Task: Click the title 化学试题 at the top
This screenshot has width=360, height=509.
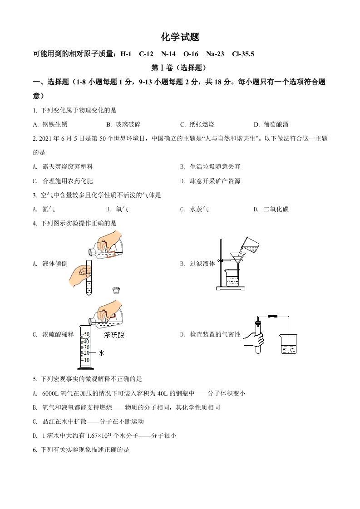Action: pos(180,37)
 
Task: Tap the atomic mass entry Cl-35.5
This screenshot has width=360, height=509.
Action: pos(243,54)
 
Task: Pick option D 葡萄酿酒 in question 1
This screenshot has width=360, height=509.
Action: pos(275,124)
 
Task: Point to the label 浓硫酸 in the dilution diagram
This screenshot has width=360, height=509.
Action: pos(114,335)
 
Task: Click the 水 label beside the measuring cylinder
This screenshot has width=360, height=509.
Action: pos(102,352)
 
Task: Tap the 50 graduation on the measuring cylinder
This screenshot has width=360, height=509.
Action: pos(86,335)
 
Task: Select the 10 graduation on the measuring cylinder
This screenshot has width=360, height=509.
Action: pos(86,360)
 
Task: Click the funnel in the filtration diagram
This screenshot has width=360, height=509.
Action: pos(237,258)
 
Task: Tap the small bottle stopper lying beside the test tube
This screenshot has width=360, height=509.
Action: pos(117,290)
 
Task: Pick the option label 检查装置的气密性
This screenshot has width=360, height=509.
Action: pos(215,335)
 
